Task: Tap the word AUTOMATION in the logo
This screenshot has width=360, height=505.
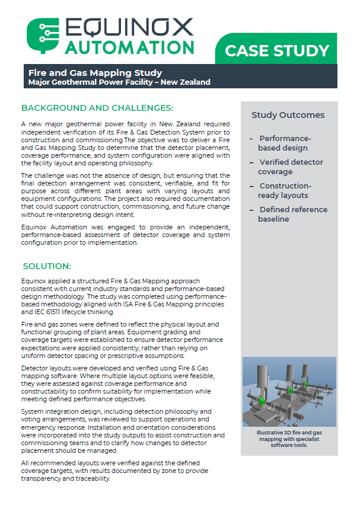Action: [x=129, y=47]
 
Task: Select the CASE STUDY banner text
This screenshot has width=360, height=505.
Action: [x=277, y=51]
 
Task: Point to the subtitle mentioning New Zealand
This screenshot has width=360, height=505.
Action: [x=119, y=82]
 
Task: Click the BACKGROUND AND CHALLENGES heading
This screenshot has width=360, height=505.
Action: [x=97, y=108]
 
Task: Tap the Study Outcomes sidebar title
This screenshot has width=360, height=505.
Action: [x=288, y=115]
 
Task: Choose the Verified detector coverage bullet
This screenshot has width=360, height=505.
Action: [x=290, y=167]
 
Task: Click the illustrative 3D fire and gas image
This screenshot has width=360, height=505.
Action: [x=289, y=392]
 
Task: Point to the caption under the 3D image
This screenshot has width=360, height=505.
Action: [x=289, y=439]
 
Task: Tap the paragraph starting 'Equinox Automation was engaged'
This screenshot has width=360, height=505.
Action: [x=125, y=234]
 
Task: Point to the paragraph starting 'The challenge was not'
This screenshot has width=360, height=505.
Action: [x=125, y=195]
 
